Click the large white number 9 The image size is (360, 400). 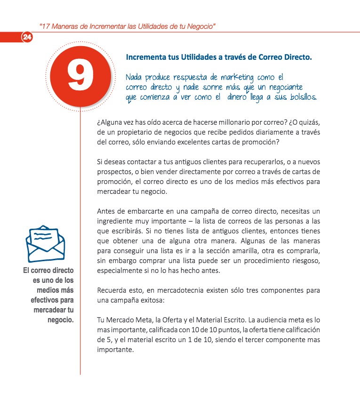click(x=80, y=75)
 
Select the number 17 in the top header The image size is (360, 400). click(x=46, y=25)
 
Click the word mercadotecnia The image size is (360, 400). click(x=173, y=290)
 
